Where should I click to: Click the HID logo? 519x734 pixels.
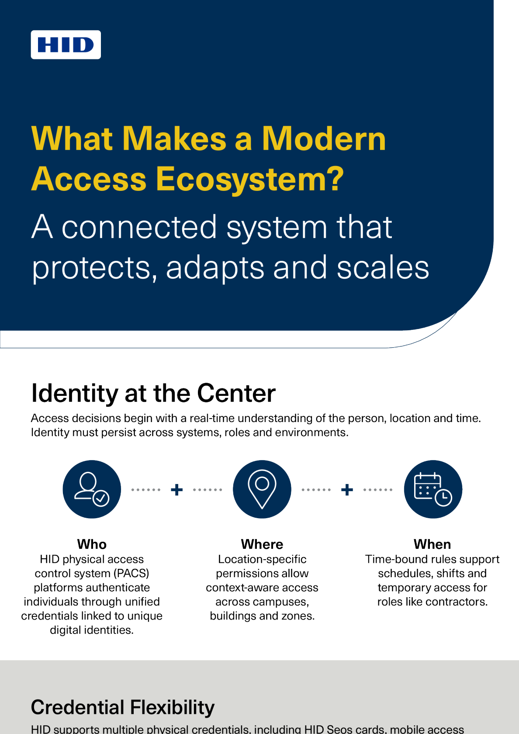coord(66,45)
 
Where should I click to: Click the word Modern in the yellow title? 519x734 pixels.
coord(324,139)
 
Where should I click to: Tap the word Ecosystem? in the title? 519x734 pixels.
coord(249,179)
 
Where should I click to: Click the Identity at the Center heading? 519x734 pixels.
coord(153,393)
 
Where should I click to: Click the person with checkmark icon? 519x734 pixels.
coord(92,489)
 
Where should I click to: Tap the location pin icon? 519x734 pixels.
coord(262,489)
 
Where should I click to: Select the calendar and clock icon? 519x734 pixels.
coord(432,489)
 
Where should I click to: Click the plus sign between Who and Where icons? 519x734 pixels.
coord(177,490)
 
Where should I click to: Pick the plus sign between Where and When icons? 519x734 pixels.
coord(347,490)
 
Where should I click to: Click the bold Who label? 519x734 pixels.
coord(92,544)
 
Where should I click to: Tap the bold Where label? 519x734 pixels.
coord(262,544)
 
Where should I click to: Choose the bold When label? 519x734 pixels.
coord(432,544)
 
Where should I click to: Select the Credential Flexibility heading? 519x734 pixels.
coord(123,707)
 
